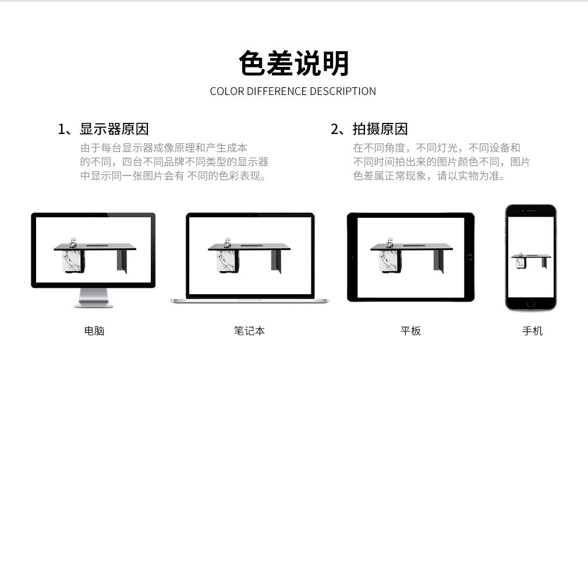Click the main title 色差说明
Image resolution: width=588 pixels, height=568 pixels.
pyautogui.click(x=294, y=63)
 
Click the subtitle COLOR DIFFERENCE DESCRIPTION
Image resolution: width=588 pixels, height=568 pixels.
pyautogui.click(x=293, y=91)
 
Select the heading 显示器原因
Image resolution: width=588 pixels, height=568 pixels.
pyautogui.click(x=114, y=129)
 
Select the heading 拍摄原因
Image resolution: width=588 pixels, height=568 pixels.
pyautogui.click(x=380, y=129)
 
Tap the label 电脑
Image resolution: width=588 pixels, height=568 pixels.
pyautogui.click(x=94, y=330)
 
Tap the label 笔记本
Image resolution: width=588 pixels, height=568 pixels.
pyautogui.click(x=249, y=330)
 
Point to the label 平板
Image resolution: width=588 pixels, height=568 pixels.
pyautogui.click(x=410, y=330)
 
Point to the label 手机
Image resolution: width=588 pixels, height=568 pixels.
pyautogui.click(x=533, y=330)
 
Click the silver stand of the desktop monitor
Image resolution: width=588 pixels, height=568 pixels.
pyautogui.click(x=93, y=298)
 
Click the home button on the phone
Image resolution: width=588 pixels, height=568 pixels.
pyautogui.click(x=530, y=303)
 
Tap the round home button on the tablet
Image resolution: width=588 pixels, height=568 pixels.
pyautogui.click(x=469, y=257)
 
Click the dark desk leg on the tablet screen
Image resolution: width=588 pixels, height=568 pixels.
pyautogui.click(x=438, y=261)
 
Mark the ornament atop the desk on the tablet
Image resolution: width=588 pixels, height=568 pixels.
pyautogui.click(x=389, y=242)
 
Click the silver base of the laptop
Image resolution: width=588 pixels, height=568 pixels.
pyautogui.click(x=250, y=301)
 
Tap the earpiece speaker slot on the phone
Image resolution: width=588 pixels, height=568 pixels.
pyautogui.click(x=531, y=211)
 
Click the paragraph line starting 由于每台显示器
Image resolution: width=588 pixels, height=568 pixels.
pyautogui.click(x=164, y=148)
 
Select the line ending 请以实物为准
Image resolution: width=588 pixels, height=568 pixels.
pyautogui.click(x=429, y=175)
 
